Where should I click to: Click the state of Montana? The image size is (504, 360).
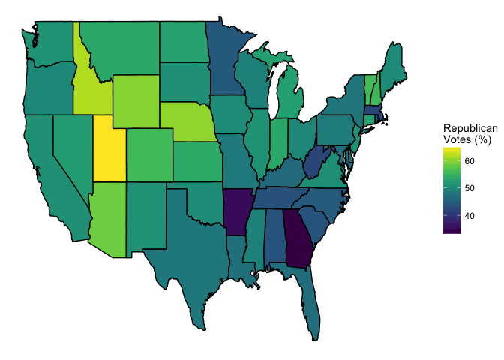point(120,45)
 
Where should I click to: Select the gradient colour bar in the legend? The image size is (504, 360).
point(451,190)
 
